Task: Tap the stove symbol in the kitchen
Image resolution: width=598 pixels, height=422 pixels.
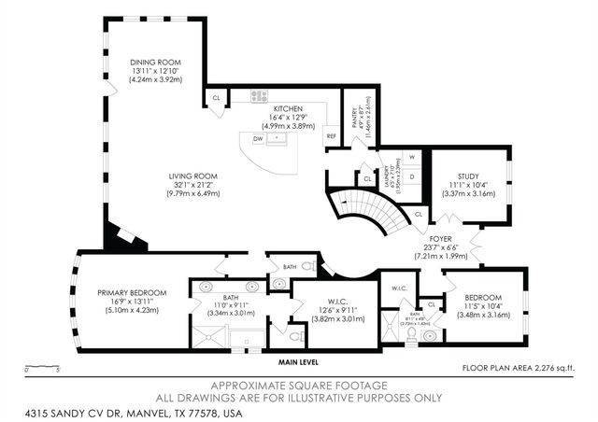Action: pyautogui.click(x=259, y=95)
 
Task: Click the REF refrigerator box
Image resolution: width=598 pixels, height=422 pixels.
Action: pyautogui.click(x=331, y=136)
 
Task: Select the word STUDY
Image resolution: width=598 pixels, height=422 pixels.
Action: pyautogui.click(x=468, y=176)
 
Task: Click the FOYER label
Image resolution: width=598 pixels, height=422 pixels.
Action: pyautogui.click(x=439, y=239)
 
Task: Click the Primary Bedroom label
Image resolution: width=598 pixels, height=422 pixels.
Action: pyautogui.click(x=132, y=292)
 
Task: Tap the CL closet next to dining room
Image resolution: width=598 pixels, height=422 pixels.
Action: pyautogui.click(x=216, y=96)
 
